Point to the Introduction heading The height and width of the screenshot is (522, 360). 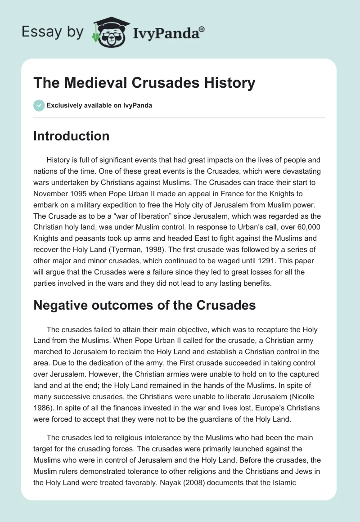(x=71, y=136)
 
